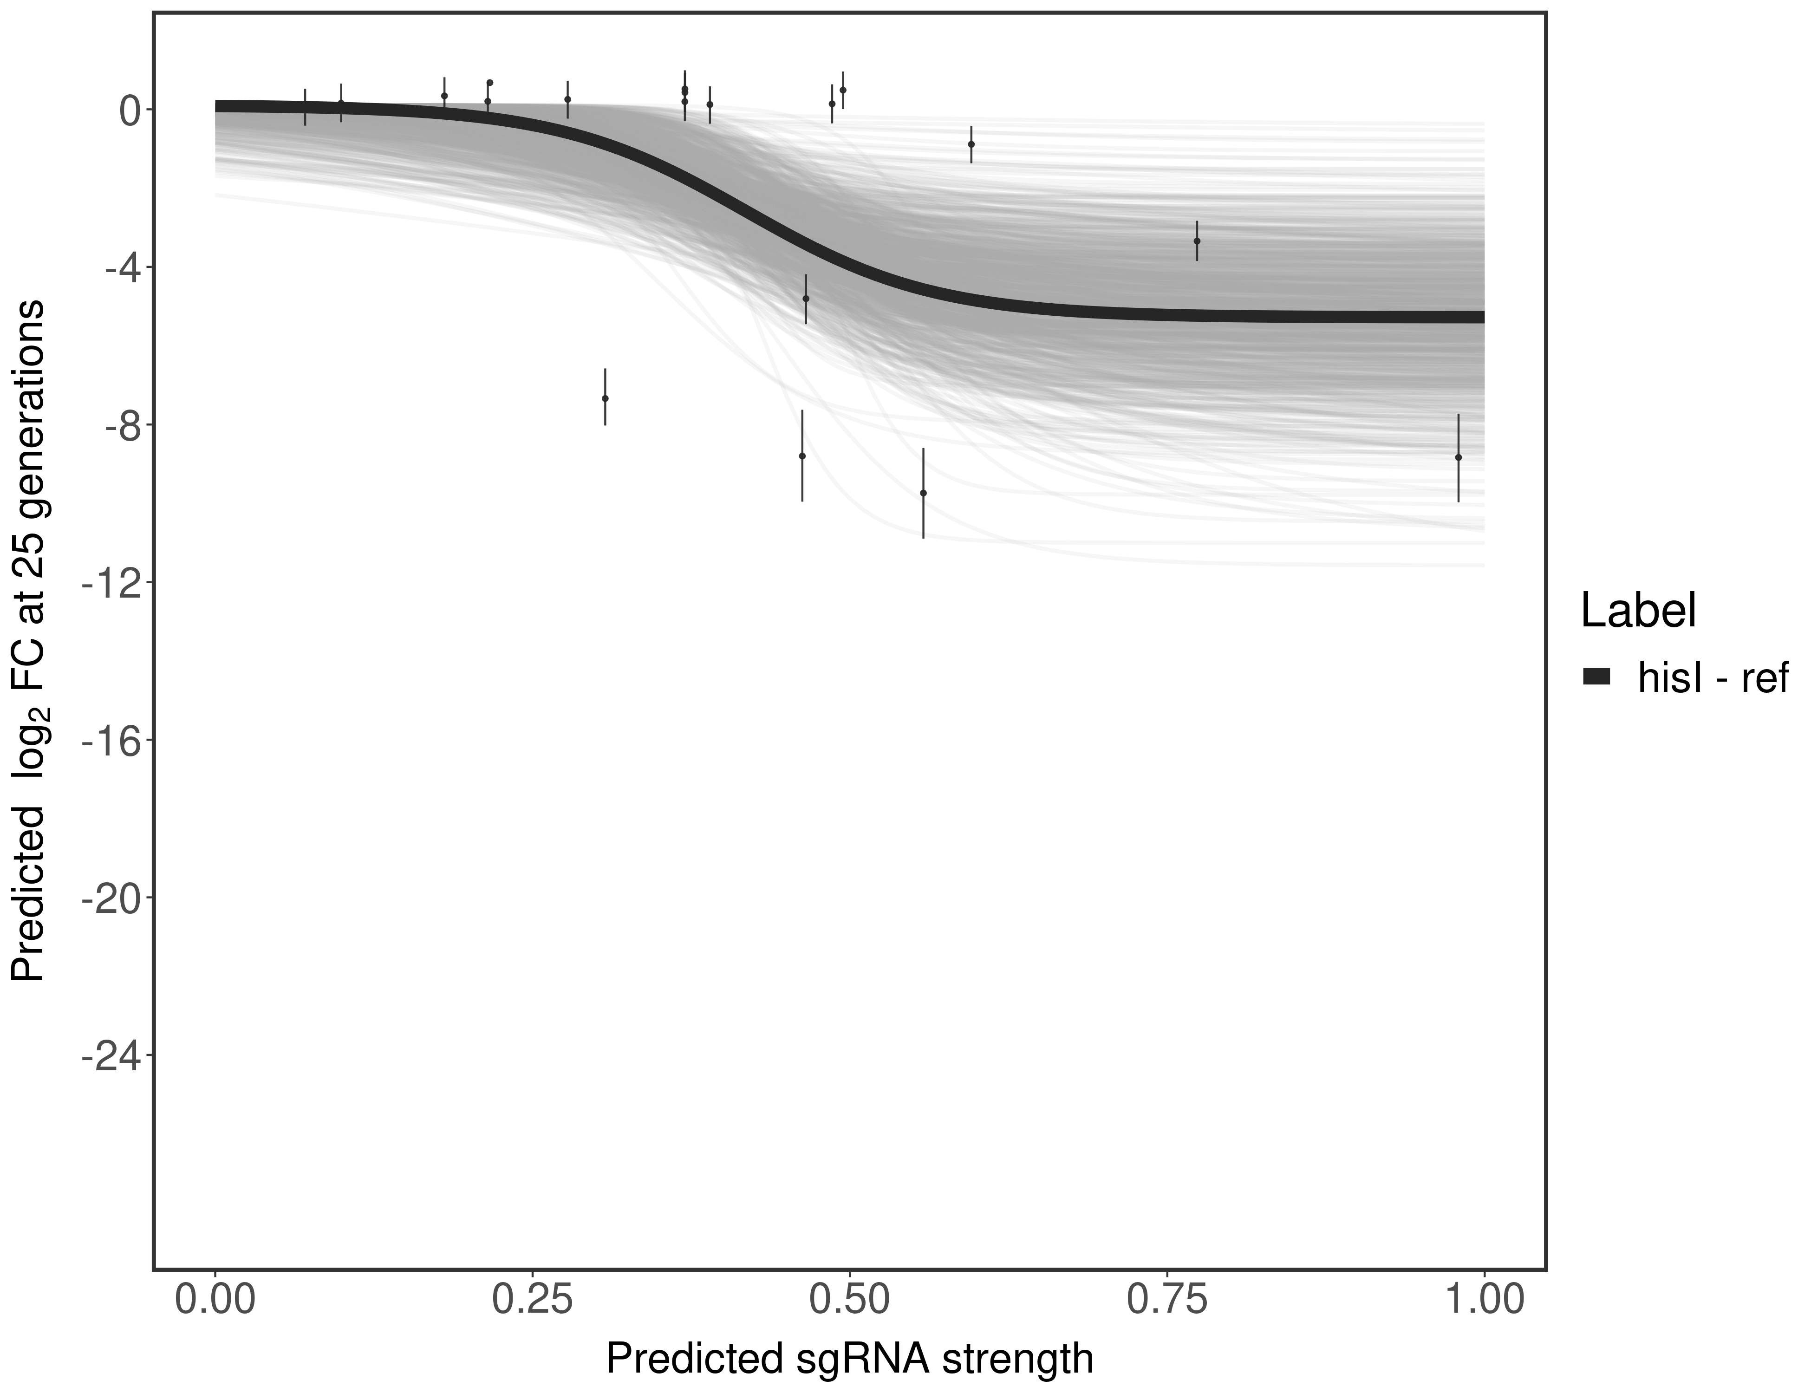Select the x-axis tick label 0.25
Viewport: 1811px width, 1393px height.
(x=532, y=1299)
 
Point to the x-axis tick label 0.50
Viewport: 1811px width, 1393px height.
(x=850, y=1299)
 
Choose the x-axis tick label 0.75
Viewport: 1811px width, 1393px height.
(x=1167, y=1299)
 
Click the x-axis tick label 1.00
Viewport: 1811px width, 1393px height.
(x=1484, y=1299)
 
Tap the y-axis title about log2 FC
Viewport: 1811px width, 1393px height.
(x=28, y=640)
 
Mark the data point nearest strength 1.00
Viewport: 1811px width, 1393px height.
(x=1458, y=457)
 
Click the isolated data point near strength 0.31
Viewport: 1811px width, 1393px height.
(x=606, y=398)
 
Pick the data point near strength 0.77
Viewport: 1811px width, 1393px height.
(x=1197, y=241)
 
